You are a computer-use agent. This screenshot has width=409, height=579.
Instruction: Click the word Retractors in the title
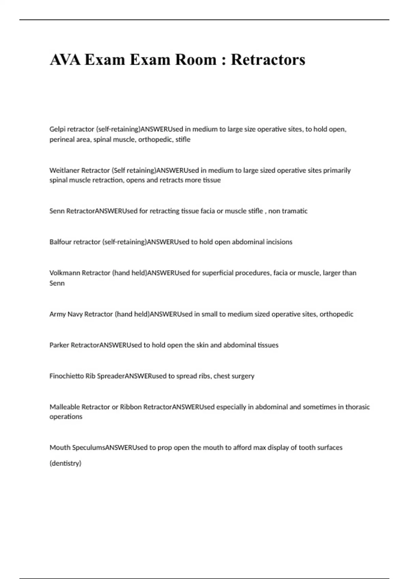click(x=268, y=60)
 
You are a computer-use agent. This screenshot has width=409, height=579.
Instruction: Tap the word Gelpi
click(x=57, y=129)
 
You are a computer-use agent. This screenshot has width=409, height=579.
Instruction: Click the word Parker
click(x=59, y=345)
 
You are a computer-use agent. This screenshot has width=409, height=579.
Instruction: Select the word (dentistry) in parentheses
click(x=65, y=463)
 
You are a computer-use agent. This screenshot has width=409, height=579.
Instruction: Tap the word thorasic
click(x=358, y=407)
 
